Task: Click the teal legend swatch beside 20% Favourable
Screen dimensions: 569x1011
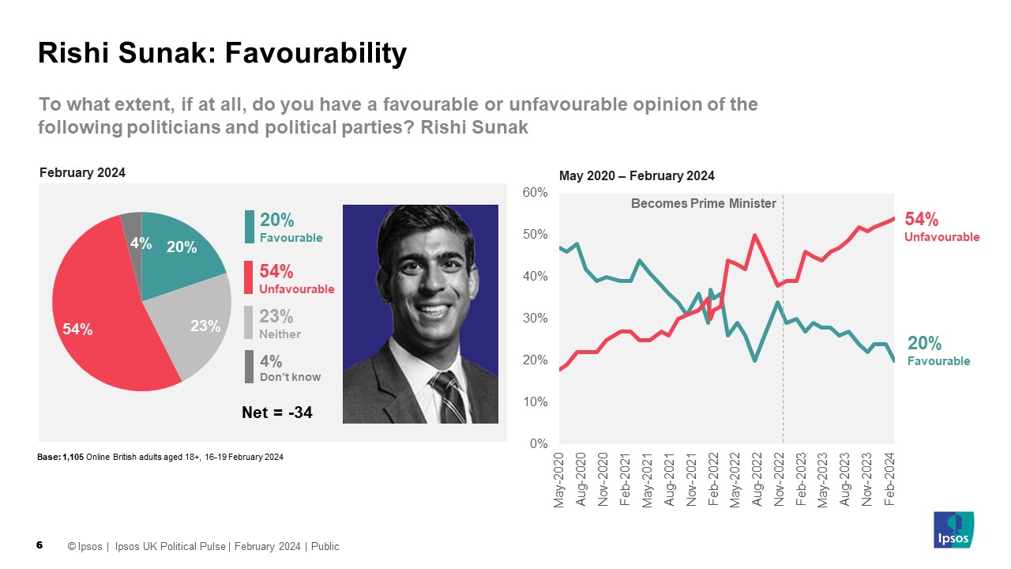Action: pyautogui.click(x=250, y=226)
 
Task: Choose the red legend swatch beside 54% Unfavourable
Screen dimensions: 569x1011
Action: pyautogui.click(x=250, y=278)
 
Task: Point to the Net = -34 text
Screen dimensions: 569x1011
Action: pyautogui.click(x=276, y=411)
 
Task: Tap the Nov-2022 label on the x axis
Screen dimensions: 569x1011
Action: pyautogui.click(x=779, y=480)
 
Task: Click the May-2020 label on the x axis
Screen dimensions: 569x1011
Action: pyautogui.click(x=560, y=480)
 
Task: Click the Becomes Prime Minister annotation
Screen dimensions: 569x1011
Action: pyautogui.click(x=703, y=204)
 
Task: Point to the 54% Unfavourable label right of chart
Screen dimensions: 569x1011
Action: pyautogui.click(x=941, y=226)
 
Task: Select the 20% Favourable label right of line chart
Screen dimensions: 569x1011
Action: pyautogui.click(x=938, y=350)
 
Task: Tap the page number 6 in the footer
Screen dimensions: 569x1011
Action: pyautogui.click(x=40, y=545)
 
